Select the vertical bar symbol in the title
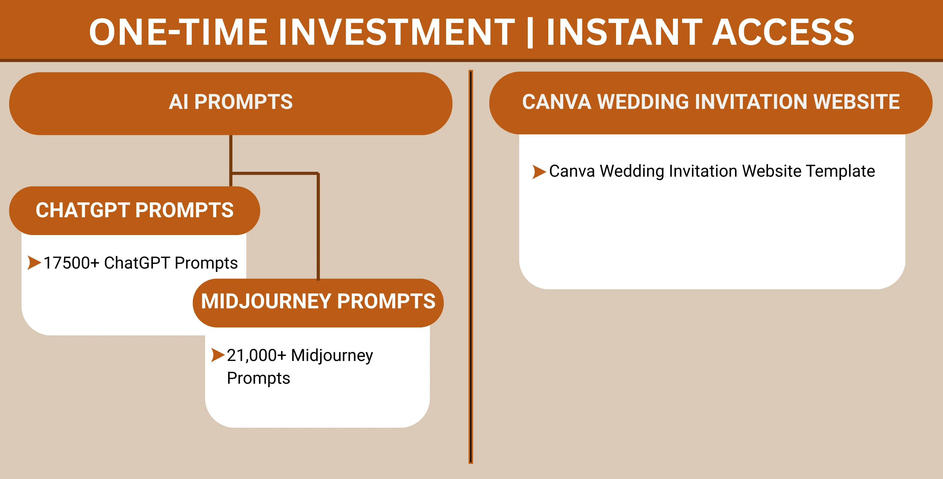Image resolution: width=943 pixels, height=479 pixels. [530, 33]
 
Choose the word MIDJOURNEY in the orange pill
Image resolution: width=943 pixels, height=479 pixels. [266, 301]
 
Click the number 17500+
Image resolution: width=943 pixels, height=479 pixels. [72, 263]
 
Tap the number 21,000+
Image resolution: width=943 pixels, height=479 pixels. [256, 355]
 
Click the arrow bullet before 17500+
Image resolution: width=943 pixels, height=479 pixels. [34, 263]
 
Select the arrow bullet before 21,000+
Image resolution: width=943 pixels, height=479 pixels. [218, 355]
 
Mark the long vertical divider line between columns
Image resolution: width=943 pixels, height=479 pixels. [471, 267]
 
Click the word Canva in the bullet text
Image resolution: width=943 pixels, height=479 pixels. [572, 171]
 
